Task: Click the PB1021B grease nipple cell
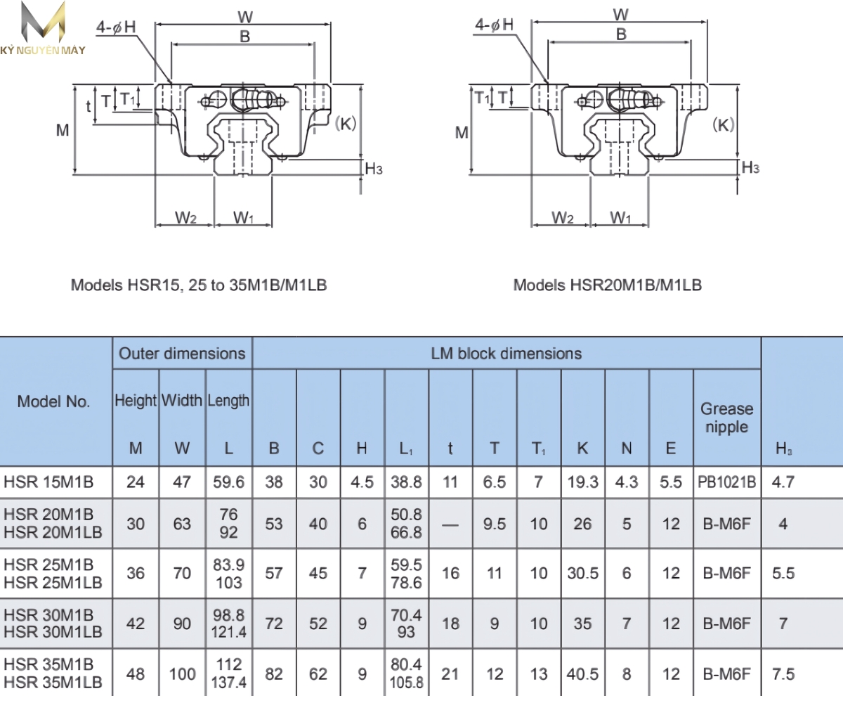[x=727, y=483]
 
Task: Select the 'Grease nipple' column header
[x=726, y=418]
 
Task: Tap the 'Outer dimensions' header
[x=182, y=353]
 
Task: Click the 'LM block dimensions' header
[x=506, y=353]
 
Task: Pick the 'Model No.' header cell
[x=54, y=401]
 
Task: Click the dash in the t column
[x=450, y=524]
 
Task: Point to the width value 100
[x=182, y=673]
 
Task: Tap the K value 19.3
[x=582, y=483]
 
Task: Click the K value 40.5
[x=582, y=673]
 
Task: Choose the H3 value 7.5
[x=783, y=673]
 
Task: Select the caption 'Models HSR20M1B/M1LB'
[x=607, y=285]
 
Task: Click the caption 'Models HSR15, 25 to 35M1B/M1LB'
[x=199, y=285]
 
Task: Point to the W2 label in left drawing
[x=185, y=218]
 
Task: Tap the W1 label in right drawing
[x=620, y=218]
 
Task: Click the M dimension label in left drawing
[x=63, y=130]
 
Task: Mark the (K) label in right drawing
[x=723, y=124]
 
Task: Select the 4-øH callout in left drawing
[x=117, y=27]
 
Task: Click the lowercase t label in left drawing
[x=89, y=106]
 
